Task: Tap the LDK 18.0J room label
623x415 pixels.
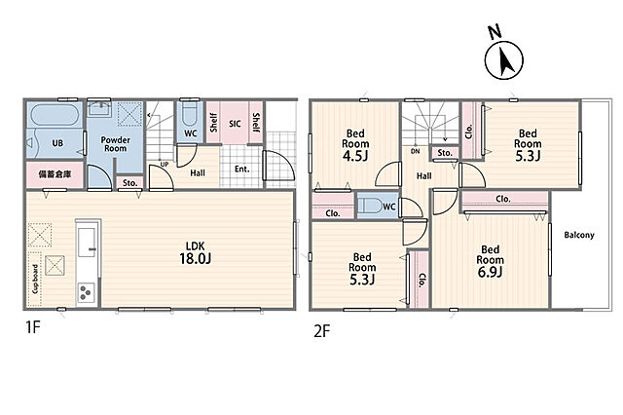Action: (196, 252)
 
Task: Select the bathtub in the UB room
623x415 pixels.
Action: (55, 115)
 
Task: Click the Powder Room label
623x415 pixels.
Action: (115, 144)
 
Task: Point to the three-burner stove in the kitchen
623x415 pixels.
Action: (87, 292)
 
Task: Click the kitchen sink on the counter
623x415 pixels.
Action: (87, 243)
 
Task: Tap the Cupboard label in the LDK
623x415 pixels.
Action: (35, 279)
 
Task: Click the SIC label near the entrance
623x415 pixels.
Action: (235, 124)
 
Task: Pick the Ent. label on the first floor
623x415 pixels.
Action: (241, 169)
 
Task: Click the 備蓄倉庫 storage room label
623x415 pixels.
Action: (55, 173)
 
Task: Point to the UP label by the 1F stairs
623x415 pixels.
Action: (165, 165)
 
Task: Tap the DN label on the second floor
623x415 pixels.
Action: (416, 151)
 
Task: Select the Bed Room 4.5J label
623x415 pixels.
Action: (355, 145)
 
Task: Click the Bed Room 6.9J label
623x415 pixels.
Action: (491, 261)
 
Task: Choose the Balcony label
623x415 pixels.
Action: (579, 235)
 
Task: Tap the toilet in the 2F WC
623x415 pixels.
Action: (369, 206)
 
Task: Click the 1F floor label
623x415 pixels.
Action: (33, 327)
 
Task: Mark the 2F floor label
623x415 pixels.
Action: (322, 331)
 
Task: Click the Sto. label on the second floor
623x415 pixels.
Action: (445, 153)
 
